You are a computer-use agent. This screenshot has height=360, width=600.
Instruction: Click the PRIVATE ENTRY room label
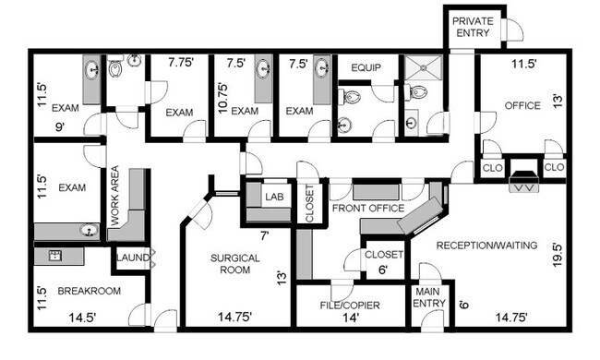click(x=473, y=27)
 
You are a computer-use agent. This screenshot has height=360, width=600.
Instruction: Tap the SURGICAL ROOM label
click(x=235, y=264)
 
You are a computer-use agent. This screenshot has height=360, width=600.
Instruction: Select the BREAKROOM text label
click(x=90, y=291)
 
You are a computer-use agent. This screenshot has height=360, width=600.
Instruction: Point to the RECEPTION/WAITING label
click(x=486, y=246)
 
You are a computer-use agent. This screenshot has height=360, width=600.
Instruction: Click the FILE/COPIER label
click(x=350, y=306)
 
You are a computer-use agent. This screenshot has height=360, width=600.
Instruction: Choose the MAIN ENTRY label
click(x=429, y=297)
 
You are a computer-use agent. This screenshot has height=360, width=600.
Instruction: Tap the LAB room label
click(x=274, y=197)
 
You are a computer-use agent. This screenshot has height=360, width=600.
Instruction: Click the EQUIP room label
click(x=366, y=67)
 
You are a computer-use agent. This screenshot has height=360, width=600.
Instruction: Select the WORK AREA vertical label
click(x=114, y=195)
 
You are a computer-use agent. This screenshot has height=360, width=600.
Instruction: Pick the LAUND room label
click(x=132, y=258)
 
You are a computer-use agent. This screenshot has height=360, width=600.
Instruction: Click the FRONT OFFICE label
click(x=368, y=208)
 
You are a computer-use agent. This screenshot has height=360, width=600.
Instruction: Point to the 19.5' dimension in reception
click(x=558, y=255)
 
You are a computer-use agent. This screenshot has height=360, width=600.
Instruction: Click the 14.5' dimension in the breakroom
click(x=82, y=318)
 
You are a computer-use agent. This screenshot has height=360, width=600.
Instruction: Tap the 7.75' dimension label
click(x=181, y=62)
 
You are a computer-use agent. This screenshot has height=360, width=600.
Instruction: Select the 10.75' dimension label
click(x=222, y=99)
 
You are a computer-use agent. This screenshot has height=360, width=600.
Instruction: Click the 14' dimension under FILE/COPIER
click(x=351, y=318)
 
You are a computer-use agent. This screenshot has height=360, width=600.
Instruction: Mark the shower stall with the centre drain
click(x=423, y=67)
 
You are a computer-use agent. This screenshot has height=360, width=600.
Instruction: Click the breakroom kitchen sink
click(x=55, y=255)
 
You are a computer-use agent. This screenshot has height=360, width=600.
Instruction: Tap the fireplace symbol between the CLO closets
click(x=524, y=180)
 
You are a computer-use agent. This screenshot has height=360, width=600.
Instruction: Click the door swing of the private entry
click(x=515, y=29)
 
